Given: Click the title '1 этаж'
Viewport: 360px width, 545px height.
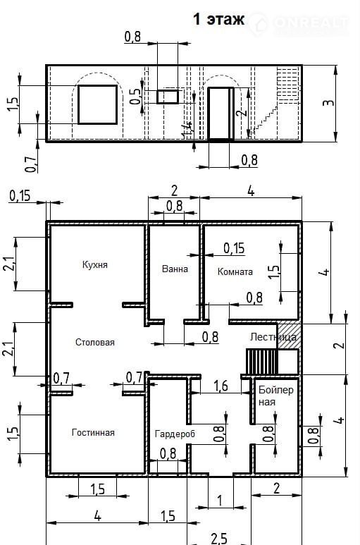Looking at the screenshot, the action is [x=218, y=19].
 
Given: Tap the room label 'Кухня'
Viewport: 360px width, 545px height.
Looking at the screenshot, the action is [x=95, y=265].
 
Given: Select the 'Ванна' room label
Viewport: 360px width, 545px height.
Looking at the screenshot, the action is [x=175, y=269].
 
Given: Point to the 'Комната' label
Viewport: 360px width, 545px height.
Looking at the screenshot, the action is [x=235, y=271].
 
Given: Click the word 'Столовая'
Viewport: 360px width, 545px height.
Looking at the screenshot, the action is [x=95, y=343].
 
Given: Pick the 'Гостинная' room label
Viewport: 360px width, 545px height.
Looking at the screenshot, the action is [x=93, y=433].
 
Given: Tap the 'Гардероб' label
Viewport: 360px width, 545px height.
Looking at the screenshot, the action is [x=175, y=434].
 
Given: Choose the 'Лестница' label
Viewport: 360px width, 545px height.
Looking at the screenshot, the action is [x=273, y=337].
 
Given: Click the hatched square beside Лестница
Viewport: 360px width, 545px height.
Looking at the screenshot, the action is [x=289, y=336].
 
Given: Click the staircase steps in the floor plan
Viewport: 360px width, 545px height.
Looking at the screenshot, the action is [x=262, y=362].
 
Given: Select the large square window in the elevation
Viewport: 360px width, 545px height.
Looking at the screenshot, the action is [x=97, y=104].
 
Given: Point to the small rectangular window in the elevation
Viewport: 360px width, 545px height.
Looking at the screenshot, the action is [x=168, y=97].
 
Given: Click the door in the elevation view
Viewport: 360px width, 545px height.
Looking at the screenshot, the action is [x=221, y=114].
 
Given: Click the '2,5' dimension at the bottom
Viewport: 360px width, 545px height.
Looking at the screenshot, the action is [x=219, y=539].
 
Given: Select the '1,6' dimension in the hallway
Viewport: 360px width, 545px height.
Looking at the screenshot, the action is [x=221, y=386].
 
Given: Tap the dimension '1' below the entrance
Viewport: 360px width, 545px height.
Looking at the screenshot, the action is [x=220, y=501].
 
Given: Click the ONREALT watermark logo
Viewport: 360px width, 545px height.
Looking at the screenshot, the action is [x=299, y=24].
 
